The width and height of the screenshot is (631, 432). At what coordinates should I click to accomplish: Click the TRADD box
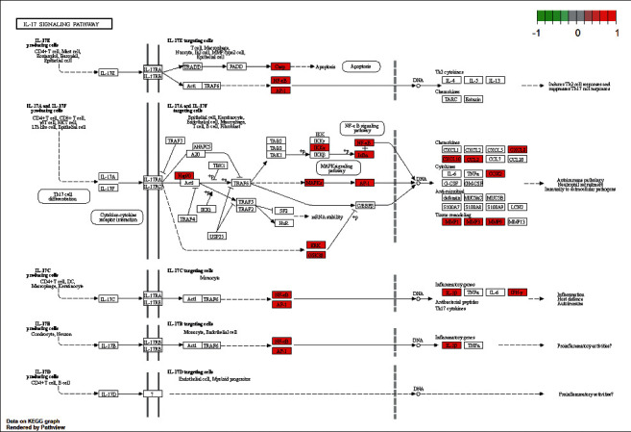pyautogui.click(x=192, y=66)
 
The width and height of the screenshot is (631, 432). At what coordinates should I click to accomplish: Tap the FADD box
pyautogui.click(x=237, y=66)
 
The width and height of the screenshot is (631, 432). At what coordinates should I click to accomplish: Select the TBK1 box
pyautogui.click(x=219, y=165)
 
